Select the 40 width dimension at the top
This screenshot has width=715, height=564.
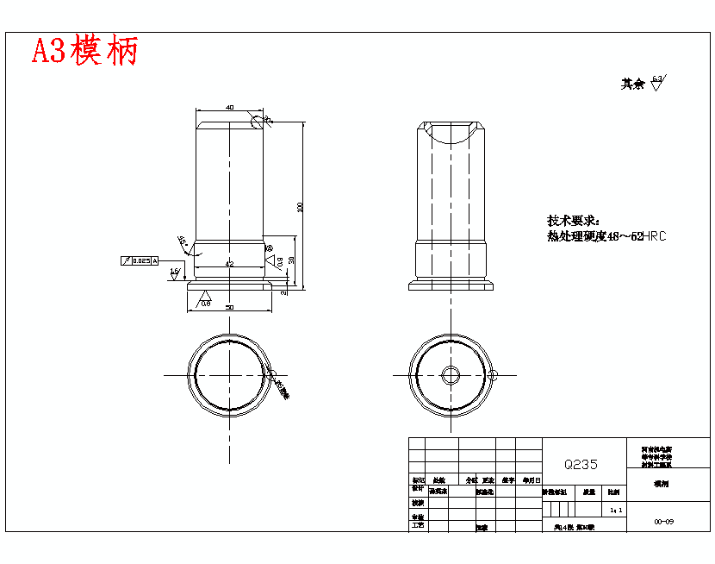tap(229, 107)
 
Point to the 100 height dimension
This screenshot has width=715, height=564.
tap(300, 206)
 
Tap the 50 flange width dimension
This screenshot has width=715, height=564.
tap(229, 307)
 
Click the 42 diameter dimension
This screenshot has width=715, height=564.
tap(229, 262)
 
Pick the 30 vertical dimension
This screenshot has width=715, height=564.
tap(291, 260)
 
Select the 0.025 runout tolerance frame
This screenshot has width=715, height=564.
tap(140, 260)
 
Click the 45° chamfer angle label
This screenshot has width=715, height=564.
tap(182, 241)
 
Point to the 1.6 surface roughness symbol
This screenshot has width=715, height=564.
tap(174, 273)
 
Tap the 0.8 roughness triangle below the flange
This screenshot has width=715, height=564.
tap(205, 300)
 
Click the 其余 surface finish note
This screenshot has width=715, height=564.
tap(643, 84)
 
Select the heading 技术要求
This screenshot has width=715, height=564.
tap(572, 221)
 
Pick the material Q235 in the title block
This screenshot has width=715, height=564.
tap(581, 464)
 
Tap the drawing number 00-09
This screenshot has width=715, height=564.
tap(663, 522)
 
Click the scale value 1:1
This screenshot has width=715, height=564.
tap(615, 511)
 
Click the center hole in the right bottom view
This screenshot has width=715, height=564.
tap(451, 375)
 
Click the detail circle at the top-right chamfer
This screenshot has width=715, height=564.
tap(257, 120)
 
